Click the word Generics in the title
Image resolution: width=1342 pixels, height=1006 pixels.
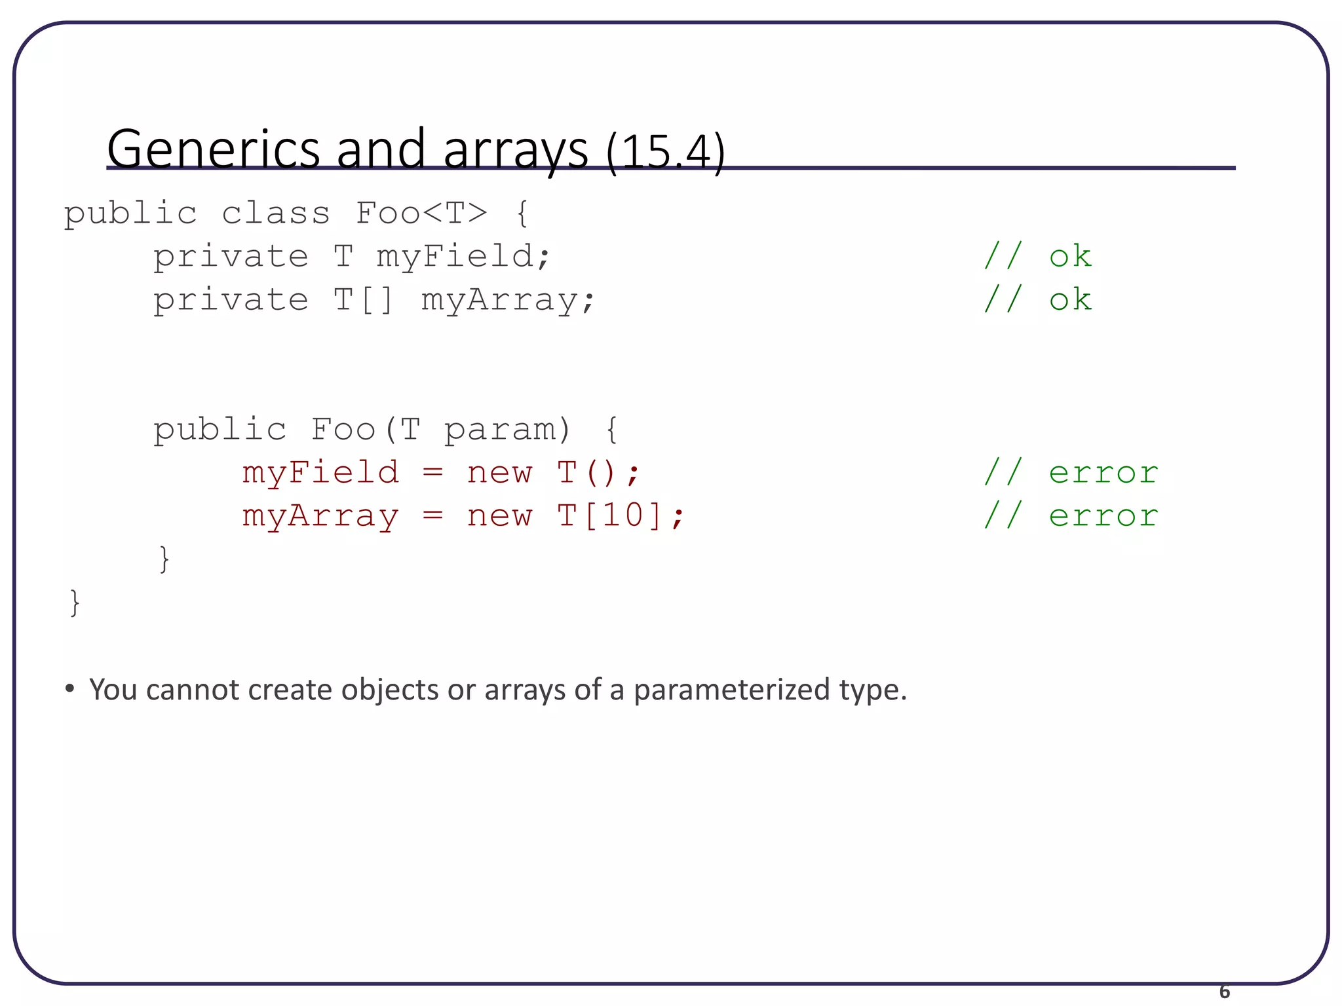[x=213, y=149]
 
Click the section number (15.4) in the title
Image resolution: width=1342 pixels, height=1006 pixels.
[x=665, y=152]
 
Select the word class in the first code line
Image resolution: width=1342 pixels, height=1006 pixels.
[x=275, y=214]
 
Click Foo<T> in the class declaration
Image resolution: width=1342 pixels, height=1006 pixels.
[x=421, y=213]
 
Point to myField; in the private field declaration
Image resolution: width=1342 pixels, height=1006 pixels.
[x=463, y=256]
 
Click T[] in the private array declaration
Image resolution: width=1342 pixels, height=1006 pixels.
[x=364, y=299]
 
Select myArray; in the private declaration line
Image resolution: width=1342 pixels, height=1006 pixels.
[x=508, y=301]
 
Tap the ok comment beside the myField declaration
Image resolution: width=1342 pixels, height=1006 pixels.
[x=1070, y=256]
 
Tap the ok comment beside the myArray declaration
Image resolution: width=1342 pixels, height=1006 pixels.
[x=1070, y=299]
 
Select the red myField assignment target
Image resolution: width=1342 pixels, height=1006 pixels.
[x=320, y=473]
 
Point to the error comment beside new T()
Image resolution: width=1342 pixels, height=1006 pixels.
[x=1103, y=473]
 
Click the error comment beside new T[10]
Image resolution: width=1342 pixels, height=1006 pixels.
[x=1103, y=516]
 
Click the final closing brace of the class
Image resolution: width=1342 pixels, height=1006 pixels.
[x=75, y=603]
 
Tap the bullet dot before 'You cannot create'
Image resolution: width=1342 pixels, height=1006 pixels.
[x=70, y=689]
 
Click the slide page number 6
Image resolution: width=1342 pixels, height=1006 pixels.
[x=1224, y=992]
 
